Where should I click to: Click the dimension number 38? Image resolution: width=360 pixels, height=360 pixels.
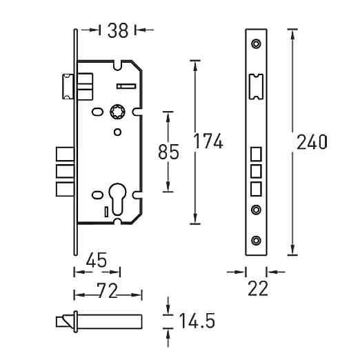(x=118, y=30)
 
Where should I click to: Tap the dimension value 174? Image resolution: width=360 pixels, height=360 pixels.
(x=208, y=141)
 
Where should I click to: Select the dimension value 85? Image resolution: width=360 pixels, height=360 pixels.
(x=168, y=152)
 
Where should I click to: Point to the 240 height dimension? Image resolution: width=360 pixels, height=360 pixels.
(x=312, y=142)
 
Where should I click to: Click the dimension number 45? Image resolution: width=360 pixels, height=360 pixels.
(x=97, y=260)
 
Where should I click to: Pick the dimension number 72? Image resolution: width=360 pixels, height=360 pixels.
(x=108, y=290)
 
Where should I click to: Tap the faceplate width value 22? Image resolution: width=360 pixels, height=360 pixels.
(x=258, y=288)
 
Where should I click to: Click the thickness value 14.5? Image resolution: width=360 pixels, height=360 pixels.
(x=197, y=321)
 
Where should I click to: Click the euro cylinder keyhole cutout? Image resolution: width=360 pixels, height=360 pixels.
(x=117, y=199)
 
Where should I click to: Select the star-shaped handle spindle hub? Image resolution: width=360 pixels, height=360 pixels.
(x=117, y=112)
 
